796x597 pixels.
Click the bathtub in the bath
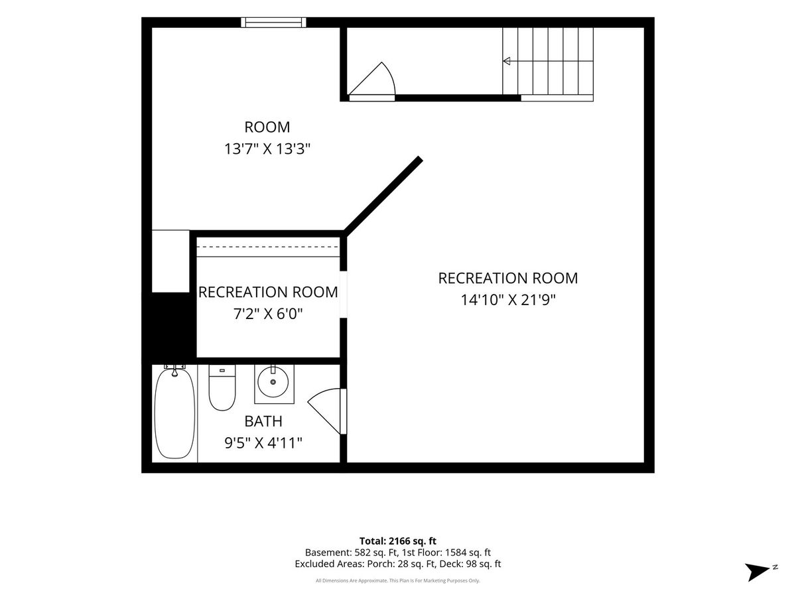174,413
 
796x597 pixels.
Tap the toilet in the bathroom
222,387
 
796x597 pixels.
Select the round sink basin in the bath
273,381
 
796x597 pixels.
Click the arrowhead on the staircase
507,61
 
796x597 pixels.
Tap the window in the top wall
273,22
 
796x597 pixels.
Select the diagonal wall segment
383,196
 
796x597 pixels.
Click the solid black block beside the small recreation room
169,325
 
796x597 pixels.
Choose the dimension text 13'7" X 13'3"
267,149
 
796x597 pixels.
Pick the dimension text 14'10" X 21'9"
508,300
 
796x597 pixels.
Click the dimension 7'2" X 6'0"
267,314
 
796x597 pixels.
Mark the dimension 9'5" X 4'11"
263,443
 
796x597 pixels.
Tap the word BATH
263,421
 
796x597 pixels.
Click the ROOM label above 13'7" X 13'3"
267,127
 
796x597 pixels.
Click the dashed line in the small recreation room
268,247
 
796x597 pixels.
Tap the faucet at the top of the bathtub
174,370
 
